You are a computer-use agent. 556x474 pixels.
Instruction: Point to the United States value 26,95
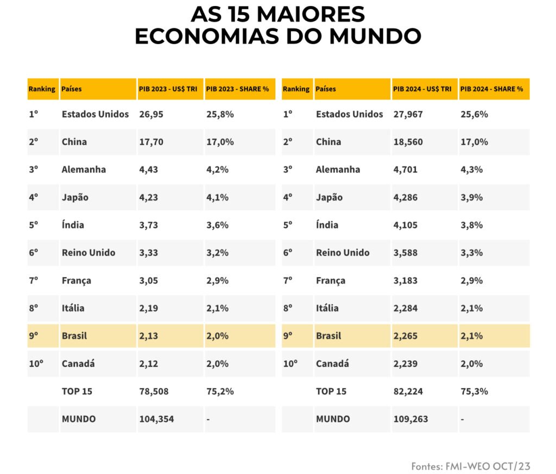(x=151, y=114)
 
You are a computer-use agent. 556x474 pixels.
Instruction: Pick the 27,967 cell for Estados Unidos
(x=408, y=114)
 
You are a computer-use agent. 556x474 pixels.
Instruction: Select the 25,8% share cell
(x=220, y=114)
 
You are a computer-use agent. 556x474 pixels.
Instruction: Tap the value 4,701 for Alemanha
(x=405, y=170)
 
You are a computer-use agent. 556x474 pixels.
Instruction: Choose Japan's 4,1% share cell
(x=217, y=197)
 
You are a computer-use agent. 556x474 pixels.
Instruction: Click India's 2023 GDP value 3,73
(x=148, y=225)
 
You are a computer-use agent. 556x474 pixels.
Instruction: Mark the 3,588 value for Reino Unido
(x=405, y=253)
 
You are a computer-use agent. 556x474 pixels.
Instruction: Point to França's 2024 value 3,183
(x=405, y=280)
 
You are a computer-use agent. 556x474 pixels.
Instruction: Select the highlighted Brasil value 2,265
(x=405, y=336)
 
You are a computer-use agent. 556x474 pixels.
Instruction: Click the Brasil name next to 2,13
(x=74, y=336)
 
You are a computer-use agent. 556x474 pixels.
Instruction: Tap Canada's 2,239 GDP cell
(x=405, y=364)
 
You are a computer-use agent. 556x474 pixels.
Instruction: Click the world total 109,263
(x=410, y=419)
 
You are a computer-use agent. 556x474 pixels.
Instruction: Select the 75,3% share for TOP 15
(x=474, y=391)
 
